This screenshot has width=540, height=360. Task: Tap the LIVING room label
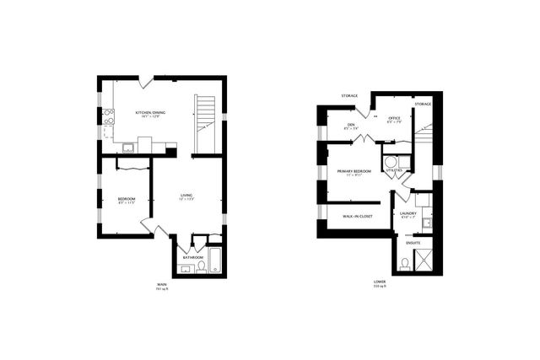pyautogui.click(x=186, y=196)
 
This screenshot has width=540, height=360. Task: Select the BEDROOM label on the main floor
pyautogui.click(x=126, y=200)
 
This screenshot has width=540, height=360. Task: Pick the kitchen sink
pyautogui.click(x=128, y=148)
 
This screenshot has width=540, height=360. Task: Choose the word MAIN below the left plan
pyautogui.click(x=161, y=284)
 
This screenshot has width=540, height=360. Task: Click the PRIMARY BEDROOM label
pyautogui.click(x=354, y=171)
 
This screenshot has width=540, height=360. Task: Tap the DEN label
pyautogui.click(x=350, y=125)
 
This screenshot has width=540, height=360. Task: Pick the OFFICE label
pyautogui.click(x=392, y=118)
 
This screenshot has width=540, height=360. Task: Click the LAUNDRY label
pyautogui.click(x=408, y=214)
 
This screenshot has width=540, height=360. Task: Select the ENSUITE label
pyautogui.click(x=413, y=243)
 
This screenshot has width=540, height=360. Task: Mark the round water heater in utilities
pyautogui.click(x=391, y=160)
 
